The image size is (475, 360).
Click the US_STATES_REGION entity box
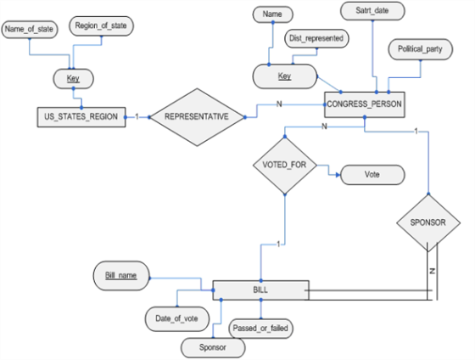point(81,117)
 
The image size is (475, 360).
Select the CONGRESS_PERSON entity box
point(365,104)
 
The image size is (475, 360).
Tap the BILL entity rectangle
point(261,290)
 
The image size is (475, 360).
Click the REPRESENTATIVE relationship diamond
point(197,117)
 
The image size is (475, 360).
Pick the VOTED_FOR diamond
point(285,166)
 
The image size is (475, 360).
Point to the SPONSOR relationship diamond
point(428,223)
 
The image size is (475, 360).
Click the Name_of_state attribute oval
point(30,30)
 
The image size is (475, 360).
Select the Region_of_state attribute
point(101,26)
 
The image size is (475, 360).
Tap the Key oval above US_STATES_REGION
point(73,79)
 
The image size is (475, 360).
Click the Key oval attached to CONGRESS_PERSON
point(285,76)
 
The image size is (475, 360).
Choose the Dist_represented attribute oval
point(316,38)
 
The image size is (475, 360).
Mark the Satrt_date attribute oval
point(372,11)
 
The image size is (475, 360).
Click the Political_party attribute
point(420,49)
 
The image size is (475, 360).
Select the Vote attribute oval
point(372,175)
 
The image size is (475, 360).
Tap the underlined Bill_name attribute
point(121,276)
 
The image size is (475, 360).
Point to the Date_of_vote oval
point(177,318)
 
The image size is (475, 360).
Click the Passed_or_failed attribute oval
point(260,329)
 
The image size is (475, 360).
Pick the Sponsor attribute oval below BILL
point(213,347)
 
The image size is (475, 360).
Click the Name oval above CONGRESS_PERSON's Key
point(272,14)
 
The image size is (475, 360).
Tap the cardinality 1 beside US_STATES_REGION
point(137,117)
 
